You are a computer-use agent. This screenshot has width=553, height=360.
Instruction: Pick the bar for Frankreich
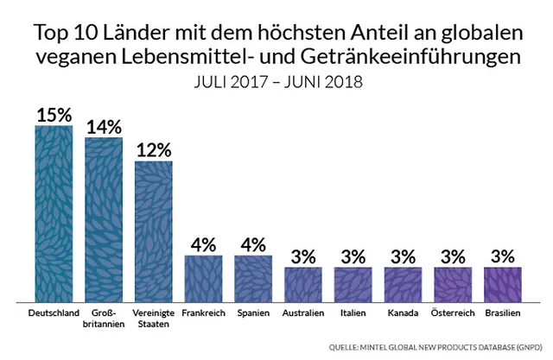click(203, 277)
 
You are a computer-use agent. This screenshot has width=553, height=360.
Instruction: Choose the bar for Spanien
click(253, 277)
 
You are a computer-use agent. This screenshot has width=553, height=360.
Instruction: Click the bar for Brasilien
click(503, 283)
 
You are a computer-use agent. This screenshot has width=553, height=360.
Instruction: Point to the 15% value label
click(54, 114)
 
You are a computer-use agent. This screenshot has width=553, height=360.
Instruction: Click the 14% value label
click(104, 125)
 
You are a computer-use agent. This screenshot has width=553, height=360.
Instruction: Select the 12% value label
click(154, 149)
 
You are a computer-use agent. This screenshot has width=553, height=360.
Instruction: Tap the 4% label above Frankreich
click(203, 243)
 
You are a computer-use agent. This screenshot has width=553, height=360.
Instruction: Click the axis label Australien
click(303, 312)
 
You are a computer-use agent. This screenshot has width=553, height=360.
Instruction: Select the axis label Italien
click(353, 312)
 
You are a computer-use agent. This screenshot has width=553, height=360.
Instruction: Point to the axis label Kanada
click(403, 312)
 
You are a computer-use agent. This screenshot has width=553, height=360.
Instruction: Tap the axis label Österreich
click(453, 312)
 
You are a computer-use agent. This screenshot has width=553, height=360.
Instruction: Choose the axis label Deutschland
click(54, 312)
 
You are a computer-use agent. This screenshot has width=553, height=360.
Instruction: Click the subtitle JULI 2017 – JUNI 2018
click(276, 83)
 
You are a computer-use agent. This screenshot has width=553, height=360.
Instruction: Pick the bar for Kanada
click(403, 283)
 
